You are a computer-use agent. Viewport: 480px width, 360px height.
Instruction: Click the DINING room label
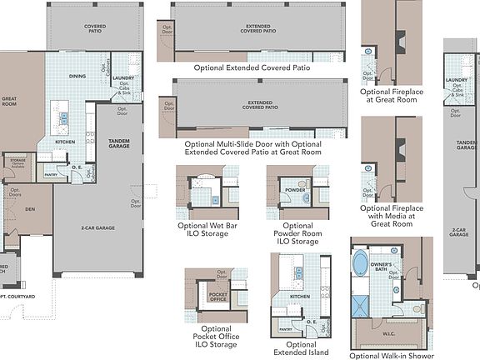click(77, 76)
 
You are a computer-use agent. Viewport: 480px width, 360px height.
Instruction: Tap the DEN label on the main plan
click(29, 210)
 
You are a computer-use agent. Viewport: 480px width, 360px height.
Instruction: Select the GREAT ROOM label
click(10, 102)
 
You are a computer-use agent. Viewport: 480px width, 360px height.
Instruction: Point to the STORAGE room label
click(18, 160)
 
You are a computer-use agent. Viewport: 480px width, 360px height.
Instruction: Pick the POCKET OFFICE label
click(217, 297)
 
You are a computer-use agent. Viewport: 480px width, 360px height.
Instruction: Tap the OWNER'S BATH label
click(381, 267)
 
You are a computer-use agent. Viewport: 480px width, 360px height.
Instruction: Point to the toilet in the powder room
click(302, 184)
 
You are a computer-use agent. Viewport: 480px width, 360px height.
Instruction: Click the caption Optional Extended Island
click(301, 349)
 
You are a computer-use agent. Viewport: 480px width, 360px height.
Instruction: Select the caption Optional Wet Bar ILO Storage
click(202, 229)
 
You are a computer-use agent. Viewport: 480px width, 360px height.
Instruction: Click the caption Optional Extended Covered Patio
click(252, 67)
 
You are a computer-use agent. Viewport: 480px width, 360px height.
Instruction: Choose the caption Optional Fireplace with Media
click(392, 215)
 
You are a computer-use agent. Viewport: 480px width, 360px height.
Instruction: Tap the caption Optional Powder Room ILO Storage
click(297, 233)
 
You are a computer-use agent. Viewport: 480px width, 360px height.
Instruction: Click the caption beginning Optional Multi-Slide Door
click(252, 147)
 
